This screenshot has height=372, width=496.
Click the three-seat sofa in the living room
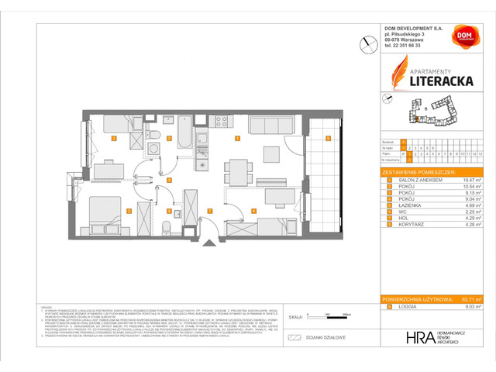(270, 124)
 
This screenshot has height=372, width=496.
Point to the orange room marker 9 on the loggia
(328, 139)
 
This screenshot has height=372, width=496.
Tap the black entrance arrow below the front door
(206, 243)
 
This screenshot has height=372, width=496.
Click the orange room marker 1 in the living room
(237, 139)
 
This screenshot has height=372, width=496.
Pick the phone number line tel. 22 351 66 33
(408, 46)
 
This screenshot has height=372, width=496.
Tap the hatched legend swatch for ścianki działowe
(294, 337)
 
